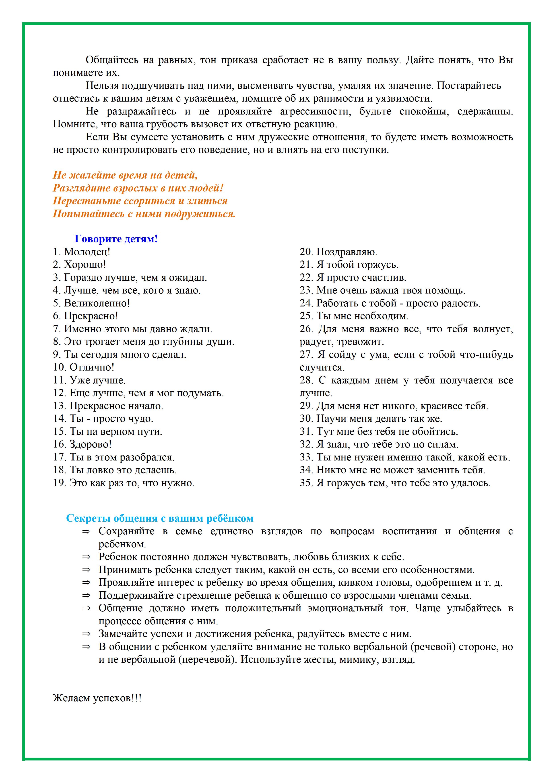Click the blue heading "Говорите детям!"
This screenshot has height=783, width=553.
pyautogui.click(x=116, y=239)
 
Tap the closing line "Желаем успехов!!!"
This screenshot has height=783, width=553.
pyautogui.click(x=97, y=698)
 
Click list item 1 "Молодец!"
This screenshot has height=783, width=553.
pyautogui.click(x=82, y=252)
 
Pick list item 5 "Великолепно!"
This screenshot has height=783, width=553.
pyautogui.click(x=91, y=303)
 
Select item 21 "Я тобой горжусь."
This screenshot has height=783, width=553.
pyautogui.click(x=349, y=265)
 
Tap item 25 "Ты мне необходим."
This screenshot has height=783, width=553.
pyautogui.click(x=354, y=316)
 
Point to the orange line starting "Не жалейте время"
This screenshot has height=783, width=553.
pyautogui.click(x=125, y=175)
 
